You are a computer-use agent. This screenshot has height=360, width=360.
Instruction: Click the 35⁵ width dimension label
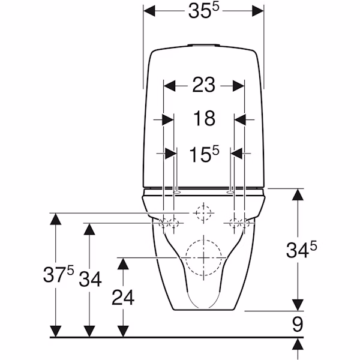click(x=203, y=11)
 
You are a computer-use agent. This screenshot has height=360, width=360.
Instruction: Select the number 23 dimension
click(x=203, y=85)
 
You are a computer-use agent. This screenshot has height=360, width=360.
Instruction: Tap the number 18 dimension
click(x=204, y=118)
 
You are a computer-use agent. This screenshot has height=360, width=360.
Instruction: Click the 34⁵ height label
click(x=301, y=250)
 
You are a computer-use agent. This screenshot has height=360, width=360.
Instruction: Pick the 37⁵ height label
click(x=59, y=274)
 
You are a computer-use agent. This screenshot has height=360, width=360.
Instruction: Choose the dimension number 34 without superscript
click(x=90, y=279)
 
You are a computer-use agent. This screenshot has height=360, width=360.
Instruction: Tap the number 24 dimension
click(x=123, y=298)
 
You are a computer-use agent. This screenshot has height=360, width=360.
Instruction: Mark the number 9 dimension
click(x=298, y=324)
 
